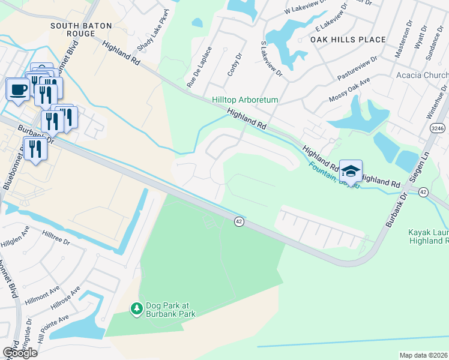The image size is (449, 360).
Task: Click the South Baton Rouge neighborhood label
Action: pos(73,29)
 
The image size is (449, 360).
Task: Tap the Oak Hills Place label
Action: pos(348,40)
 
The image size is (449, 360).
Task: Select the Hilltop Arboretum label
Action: pos(244,100)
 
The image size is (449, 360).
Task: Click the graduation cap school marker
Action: pos(351,172)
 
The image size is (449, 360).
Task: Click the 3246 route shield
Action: pos(438,128)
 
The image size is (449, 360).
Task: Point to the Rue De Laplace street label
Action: pos(200,67)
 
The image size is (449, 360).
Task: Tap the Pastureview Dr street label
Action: pos(357,69)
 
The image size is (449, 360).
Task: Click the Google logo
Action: pos(20,352)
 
